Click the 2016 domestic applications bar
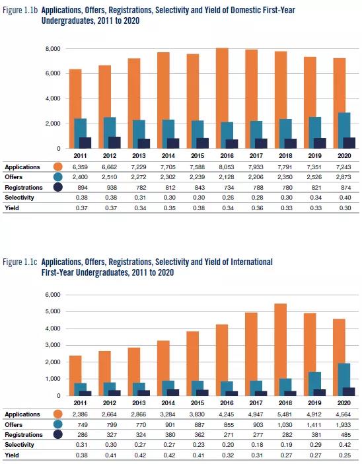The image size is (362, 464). click(x=222, y=98)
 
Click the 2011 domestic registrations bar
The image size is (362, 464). click(x=85, y=143)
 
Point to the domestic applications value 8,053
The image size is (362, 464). click(x=227, y=167)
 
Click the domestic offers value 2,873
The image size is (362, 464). click(x=344, y=177)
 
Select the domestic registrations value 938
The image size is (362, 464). click(x=111, y=188)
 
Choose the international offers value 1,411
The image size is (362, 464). click(x=314, y=425)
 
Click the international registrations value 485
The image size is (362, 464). click(x=345, y=435)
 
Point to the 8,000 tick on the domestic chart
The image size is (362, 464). click(x=53, y=48)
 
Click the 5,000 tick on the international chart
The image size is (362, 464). click(x=53, y=311)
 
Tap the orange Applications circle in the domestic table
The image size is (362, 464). click(x=58, y=167)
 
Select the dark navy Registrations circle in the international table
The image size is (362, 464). click(x=58, y=435)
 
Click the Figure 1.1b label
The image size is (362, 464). click(x=20, y=11)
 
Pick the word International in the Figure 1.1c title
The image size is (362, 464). click(x=252, y=262)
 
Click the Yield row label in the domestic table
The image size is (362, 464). click(x=12, y=208)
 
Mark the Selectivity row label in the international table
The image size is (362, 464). click(x=20, y=445)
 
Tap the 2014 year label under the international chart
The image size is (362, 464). click(x=168, y=403)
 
